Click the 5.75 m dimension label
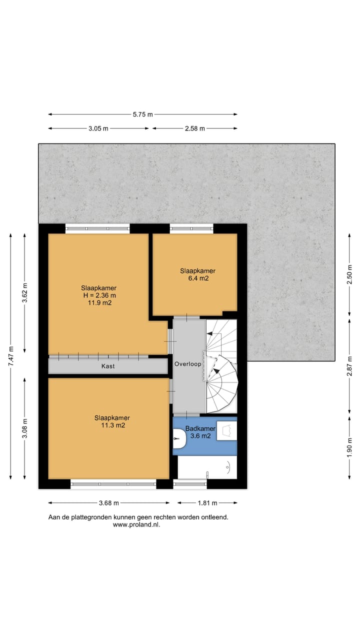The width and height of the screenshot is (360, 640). click(x=142, y=114)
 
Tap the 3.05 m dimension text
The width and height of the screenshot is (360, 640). click(x=98, y=128)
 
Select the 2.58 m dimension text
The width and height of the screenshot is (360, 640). click(x=195, y=128)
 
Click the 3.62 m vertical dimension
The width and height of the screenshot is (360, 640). click(x=25, y=292)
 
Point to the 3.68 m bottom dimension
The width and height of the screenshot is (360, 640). click(x=108, y=503)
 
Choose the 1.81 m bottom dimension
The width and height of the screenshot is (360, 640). click(x=205, y=503)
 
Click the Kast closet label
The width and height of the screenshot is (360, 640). click(x=108, y=366)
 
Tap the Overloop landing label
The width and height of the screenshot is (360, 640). click(x=187, y=364)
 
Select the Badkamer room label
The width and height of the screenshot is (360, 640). click(x=200, y=429)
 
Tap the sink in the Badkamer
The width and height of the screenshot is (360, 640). click(x=226, y=430)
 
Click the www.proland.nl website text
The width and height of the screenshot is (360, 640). click(x=137, y=525)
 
